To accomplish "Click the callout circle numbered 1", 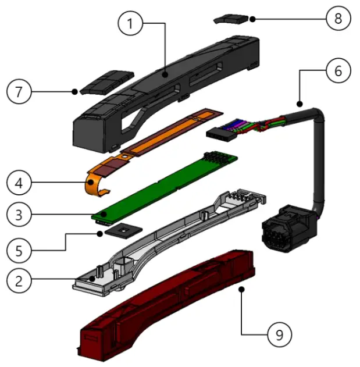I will click(131, 24).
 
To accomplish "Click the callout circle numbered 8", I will click(338, 19).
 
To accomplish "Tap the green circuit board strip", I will click(169, 186).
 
